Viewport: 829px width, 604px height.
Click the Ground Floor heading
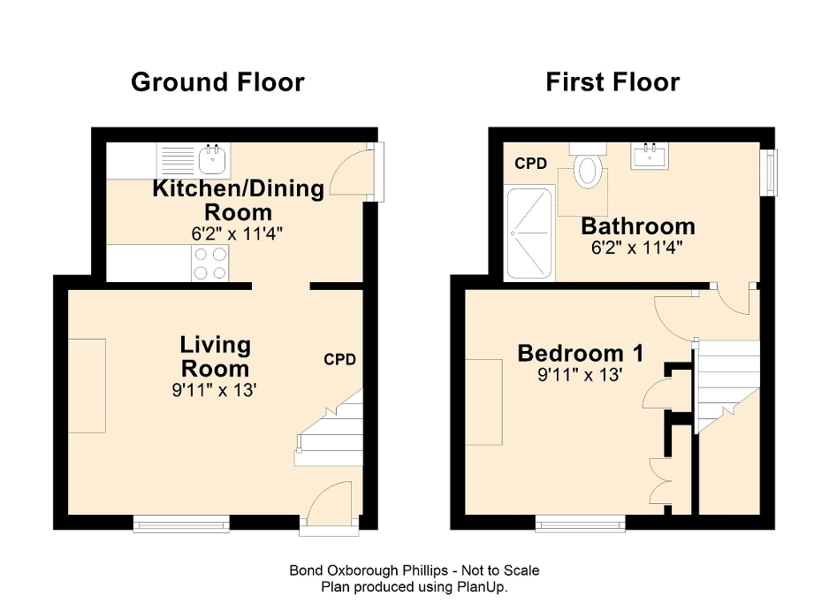217,82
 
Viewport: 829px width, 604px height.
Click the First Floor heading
612,82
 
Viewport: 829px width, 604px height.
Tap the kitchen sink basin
213,160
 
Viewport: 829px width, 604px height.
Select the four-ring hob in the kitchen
210,263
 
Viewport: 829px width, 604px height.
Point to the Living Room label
216,356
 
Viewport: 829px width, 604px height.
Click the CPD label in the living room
339,360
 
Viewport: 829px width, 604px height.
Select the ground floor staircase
332,433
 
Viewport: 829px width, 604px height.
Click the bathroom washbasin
653,157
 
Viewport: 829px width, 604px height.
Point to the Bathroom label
637,226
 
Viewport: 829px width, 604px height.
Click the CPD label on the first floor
531,164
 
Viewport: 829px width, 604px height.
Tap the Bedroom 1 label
580,354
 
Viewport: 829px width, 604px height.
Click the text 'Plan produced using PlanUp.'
414,585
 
